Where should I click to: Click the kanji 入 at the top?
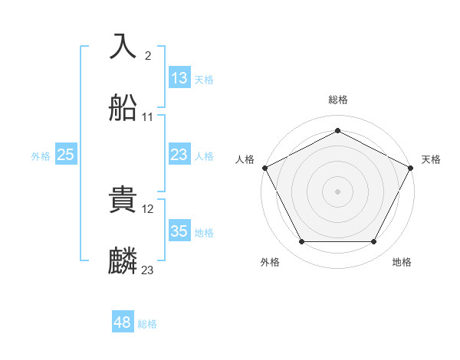(123, 46)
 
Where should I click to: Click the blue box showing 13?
(179, 78)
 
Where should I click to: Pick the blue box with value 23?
(179, 155)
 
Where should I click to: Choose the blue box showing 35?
(179, 232)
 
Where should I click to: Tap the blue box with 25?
(66, 155)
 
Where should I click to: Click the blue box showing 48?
(123, 322)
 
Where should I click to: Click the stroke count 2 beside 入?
(147, 55)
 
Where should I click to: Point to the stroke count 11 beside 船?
(148, 117)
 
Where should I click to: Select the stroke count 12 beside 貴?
(149, 208)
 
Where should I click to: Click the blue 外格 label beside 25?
(41, 156)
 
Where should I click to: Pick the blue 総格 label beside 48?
(147, 324)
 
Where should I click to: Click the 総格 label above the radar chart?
(337, 100)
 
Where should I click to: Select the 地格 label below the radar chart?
(402, 262)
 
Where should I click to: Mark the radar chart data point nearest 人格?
(264, 167)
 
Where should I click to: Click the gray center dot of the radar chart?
(337, 191)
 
